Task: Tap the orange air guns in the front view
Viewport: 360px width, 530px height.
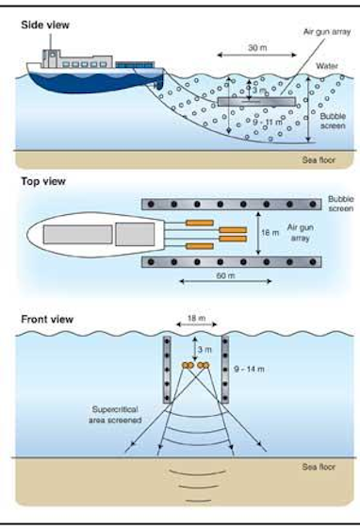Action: (194, 364)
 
